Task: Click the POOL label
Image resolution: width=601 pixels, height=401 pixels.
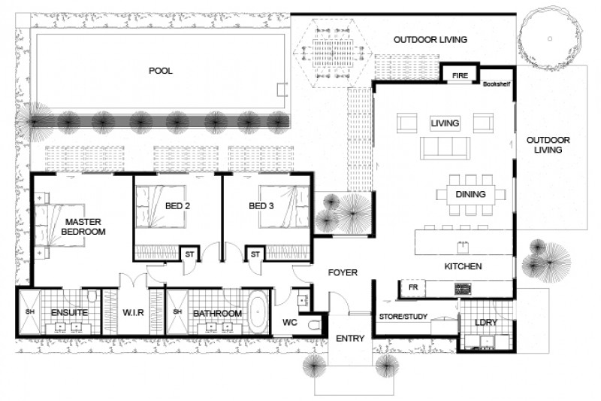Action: (x=160, y=71)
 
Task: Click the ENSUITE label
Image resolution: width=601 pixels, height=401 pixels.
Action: (x=70, y=313)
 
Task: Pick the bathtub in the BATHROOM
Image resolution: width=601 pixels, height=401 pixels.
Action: (x=258, y=313)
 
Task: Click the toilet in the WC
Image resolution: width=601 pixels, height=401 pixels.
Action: (x=313, y=324)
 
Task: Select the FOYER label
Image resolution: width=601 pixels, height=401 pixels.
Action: (x=342, y=272)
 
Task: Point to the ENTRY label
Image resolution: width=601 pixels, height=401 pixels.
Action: (x=350, y=339)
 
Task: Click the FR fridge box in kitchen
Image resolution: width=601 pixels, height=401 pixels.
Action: (x=412, y=288)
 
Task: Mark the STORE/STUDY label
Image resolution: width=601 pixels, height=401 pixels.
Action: (x=403, y=317)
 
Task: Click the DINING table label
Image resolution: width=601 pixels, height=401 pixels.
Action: (x=470, y=195)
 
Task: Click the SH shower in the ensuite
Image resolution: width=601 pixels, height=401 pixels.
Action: (x=31, y=313)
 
